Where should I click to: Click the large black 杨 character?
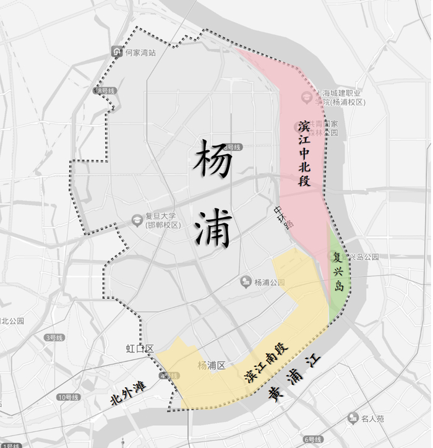point(213,159)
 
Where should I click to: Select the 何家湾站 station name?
point(140,53)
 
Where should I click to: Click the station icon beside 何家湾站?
point(116,52)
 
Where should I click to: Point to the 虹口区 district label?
point(139,349)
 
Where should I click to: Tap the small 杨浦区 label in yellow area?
point(211,364)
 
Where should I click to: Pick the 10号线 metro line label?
point(68,397)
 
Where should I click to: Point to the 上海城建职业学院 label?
point(340,97)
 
